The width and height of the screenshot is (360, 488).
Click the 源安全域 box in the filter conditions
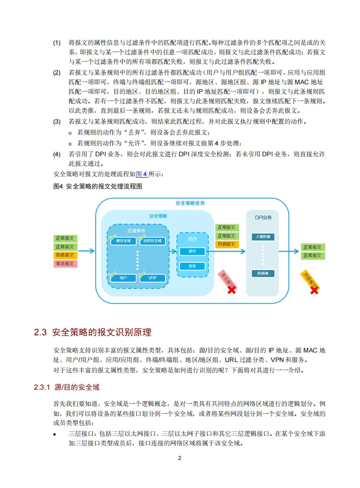(x=123, y=241)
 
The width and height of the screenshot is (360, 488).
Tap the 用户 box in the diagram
(x=123, y=278)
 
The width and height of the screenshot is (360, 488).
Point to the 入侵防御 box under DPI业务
(x=263, y=237)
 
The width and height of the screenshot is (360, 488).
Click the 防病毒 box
(x=263, y=273)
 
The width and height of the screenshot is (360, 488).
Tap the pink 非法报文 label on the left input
(x=65, y=263)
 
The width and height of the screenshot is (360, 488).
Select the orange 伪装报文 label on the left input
(x=65, y=255)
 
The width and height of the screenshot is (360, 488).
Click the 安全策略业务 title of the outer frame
(x=190, y=203)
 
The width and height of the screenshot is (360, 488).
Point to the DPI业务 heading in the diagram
(x=263, y=217)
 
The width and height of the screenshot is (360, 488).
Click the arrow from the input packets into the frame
(x=86, y=251)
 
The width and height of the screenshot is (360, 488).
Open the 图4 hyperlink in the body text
(x=142, y=174)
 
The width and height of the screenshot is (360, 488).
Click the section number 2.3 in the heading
(x=41, y=332)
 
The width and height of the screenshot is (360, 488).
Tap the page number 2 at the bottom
(x=180, y=458)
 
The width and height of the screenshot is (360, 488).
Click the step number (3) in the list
(x=57, y=122)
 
